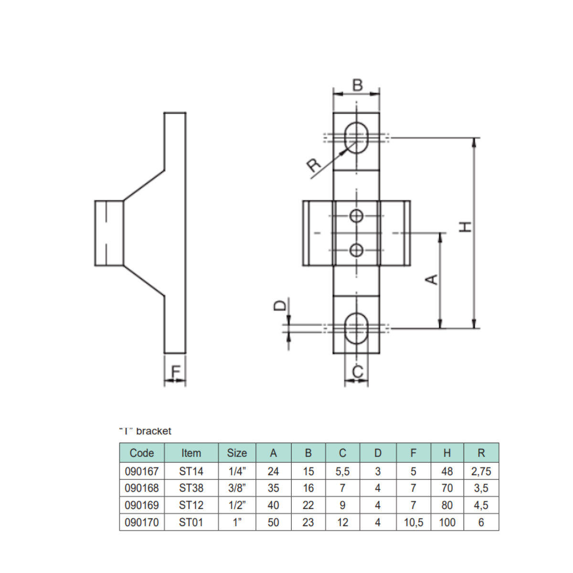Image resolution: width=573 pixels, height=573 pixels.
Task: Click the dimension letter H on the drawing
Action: (x=465, y=226)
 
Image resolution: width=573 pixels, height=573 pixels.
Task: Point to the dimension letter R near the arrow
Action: (x=314, y=165)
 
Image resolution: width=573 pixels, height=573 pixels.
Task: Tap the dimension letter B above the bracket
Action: (x=357, y=85)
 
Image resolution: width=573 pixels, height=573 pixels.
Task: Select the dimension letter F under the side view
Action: (x=176, y=371)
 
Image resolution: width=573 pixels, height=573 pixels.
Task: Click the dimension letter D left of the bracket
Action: (x=280, y=305)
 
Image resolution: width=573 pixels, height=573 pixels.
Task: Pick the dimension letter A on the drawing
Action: (x=431, y=279)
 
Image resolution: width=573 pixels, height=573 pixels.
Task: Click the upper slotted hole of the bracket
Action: (x=356, y=138)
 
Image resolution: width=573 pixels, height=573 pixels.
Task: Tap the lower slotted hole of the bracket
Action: (x=356, y=328)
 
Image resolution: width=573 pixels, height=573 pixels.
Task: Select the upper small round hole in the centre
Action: (x=356, y=216)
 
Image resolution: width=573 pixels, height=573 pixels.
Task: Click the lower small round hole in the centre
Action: (x=356, y=249)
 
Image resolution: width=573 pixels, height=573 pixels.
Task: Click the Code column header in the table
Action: (x=142, y=453)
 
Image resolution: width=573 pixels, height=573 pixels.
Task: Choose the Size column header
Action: (x=237, y=453)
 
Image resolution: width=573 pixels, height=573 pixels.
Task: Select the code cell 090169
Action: (x=142, y=505)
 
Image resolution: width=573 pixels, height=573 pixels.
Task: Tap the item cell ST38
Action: (x=191, y=488)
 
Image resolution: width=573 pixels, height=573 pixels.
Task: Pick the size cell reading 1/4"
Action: (x=237, y=471)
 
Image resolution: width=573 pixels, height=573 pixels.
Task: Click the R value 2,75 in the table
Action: (x=481, y=471)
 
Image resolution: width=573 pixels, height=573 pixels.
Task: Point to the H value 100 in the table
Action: (x=447, y=522)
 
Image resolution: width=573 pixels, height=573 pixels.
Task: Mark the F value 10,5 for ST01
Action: (x=413, y=522)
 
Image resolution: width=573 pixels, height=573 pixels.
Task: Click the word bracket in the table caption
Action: (x=154, y=431)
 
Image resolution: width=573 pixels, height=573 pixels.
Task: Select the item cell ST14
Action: (x=191, y=471)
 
